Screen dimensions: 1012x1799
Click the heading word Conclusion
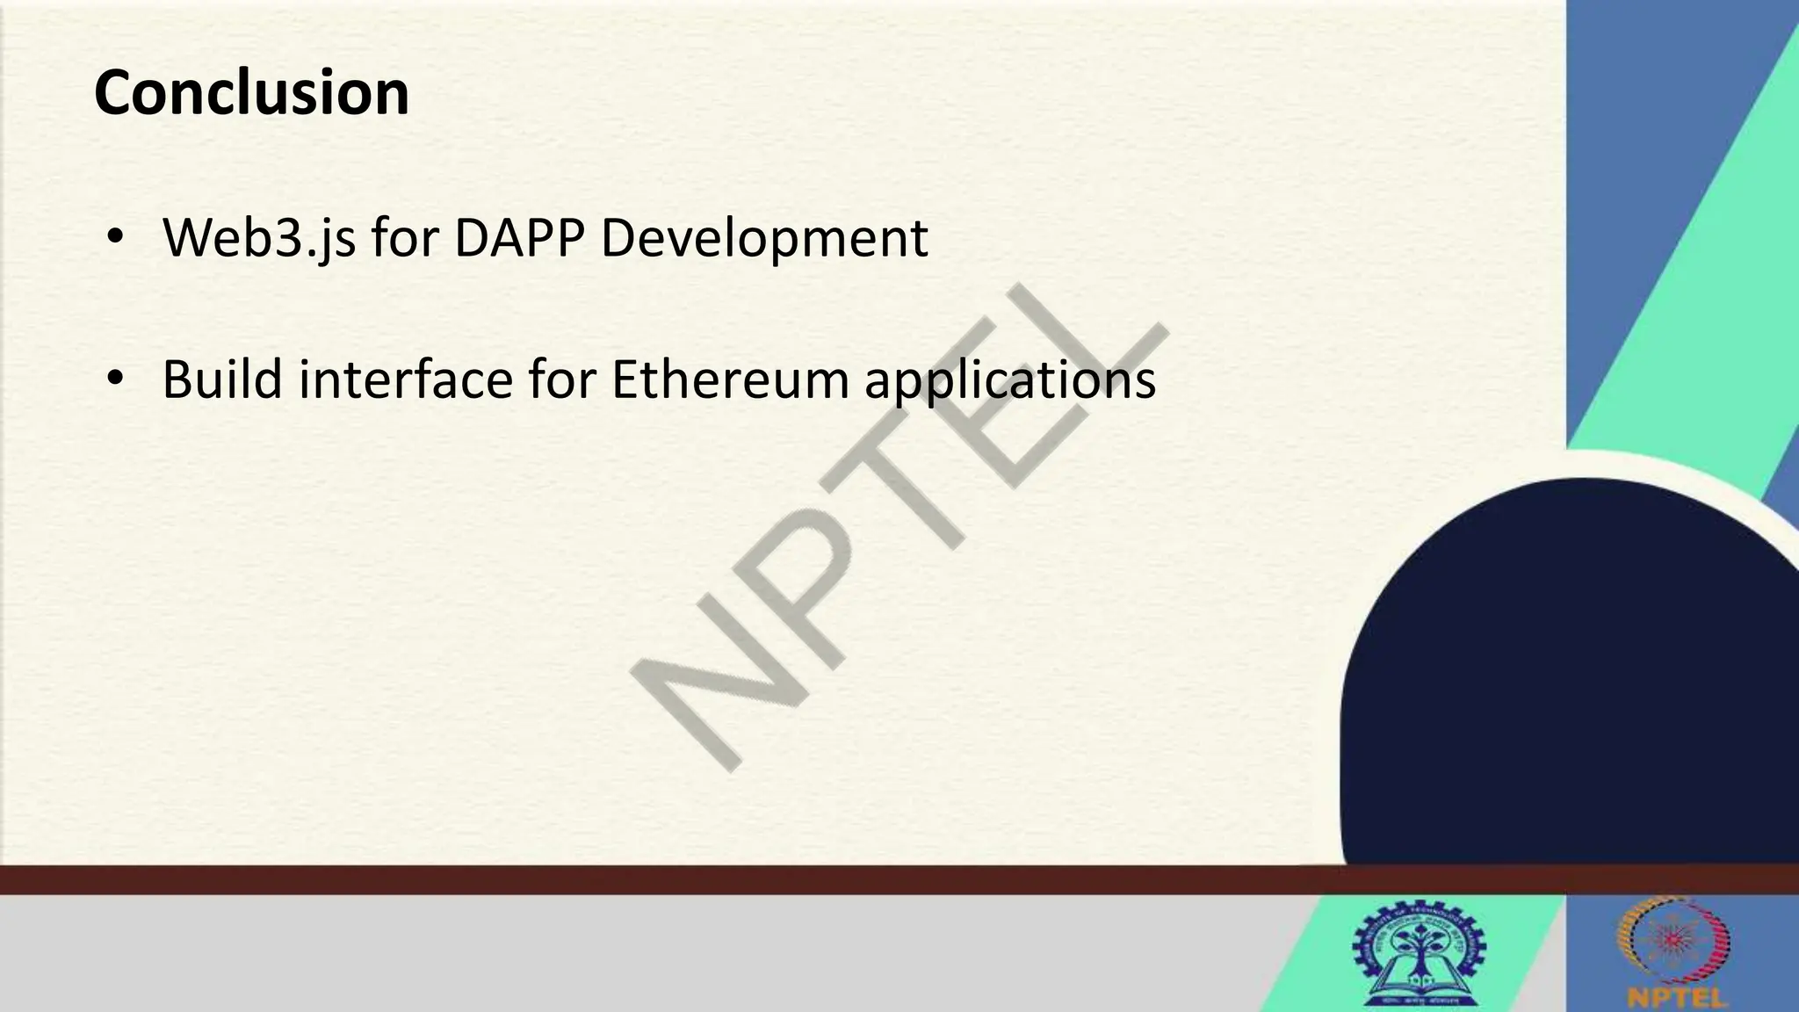251,93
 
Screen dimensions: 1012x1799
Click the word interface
405,379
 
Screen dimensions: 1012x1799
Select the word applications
1009,379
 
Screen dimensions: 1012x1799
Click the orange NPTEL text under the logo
1676,998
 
